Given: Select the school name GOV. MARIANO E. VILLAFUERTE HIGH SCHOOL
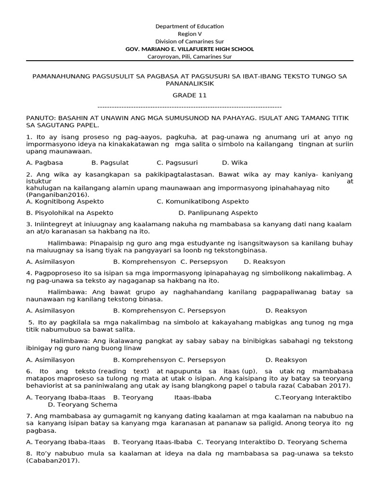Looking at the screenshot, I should click(x=189, y=49).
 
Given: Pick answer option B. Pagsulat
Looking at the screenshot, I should click(x=110, y=163).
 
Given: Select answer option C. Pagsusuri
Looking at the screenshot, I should click(x=177, y=163).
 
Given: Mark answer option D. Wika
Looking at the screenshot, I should click(x=235, y=163).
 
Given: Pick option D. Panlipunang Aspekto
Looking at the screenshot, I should click(x=218, y=213).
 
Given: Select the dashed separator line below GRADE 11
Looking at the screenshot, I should click(x=189, y=107).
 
